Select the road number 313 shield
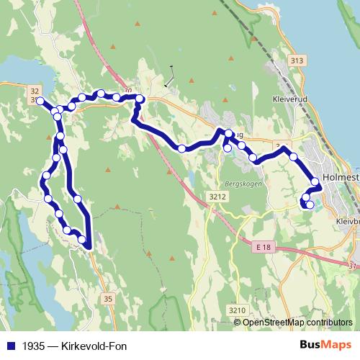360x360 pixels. coord(292,61)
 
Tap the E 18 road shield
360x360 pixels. coord(264,247)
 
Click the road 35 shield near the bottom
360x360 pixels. coord(108,298)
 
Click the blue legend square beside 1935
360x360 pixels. coord(10,345)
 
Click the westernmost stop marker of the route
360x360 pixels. coord(40,101)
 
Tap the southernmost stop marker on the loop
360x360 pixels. coord(82,240)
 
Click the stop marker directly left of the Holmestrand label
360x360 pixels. coord(315,181)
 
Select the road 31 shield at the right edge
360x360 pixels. coord(353,266)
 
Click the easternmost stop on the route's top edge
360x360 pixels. coord(140,98)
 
